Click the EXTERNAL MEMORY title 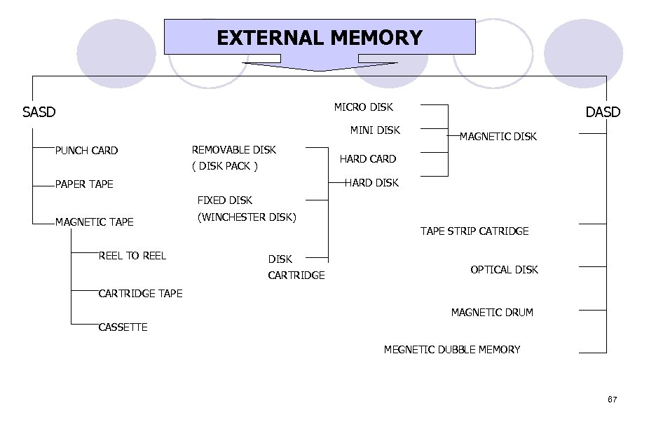point(320,37)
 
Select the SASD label point(39,112)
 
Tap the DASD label point(603,112)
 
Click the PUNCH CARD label point(86,151)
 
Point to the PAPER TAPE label point(84,184)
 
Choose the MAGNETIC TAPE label point(95,222)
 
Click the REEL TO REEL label point(132,256)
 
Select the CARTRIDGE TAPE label point(140,294)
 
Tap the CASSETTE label point(123,327)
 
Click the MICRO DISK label point(363,107)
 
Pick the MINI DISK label point(375,130)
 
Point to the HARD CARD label point(368,159)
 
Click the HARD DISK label point(371,183)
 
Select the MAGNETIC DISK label point(498,137)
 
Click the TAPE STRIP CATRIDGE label point(474,231)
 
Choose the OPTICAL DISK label point(504,270)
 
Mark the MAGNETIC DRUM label point(492,313)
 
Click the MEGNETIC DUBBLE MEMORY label point(452,350)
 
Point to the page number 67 point(612,400)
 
